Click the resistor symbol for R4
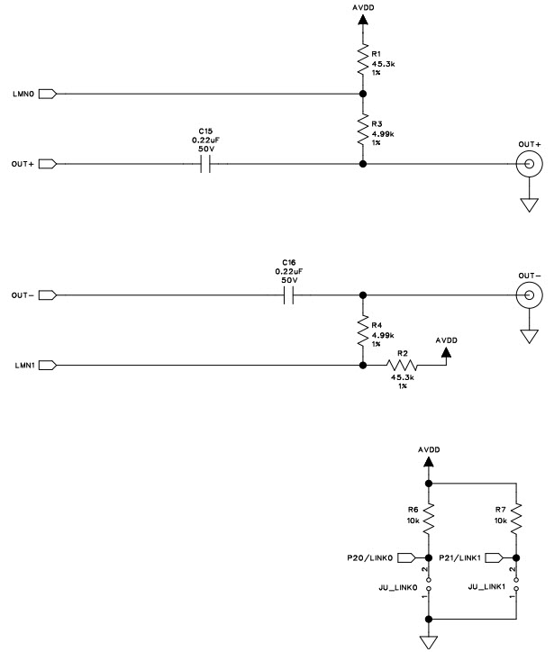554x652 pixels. coord(362,330)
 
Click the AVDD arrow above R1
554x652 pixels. coord(362,22)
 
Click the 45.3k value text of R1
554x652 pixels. coord(382,63)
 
